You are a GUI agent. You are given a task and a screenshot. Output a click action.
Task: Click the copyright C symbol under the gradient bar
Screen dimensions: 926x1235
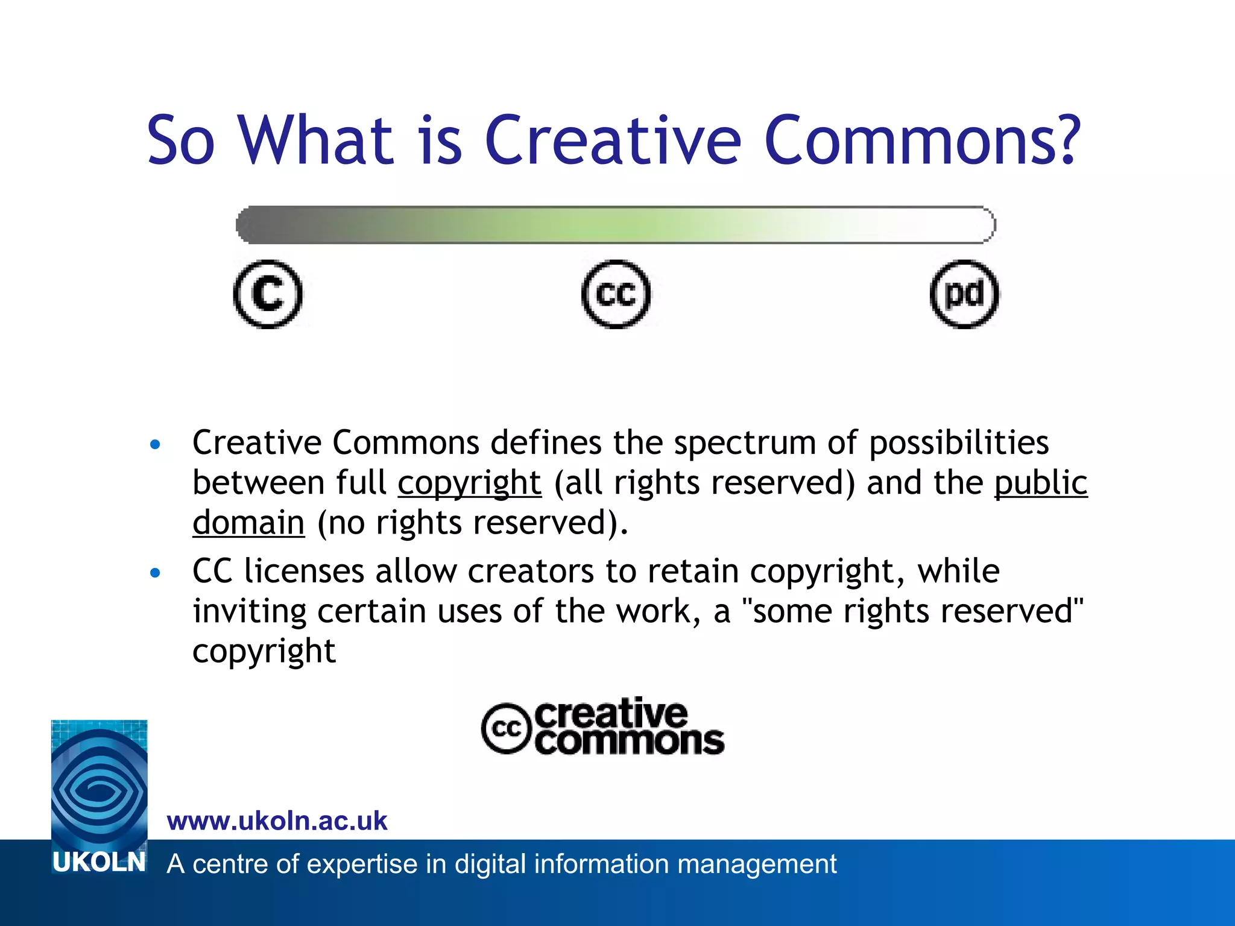pos(268,294)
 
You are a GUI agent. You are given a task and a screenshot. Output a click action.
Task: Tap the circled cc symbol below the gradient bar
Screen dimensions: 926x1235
pos(616,294)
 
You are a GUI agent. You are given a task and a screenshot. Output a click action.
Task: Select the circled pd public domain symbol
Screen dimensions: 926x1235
pos(964,294)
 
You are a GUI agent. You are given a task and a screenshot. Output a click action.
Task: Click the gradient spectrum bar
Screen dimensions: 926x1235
pos(615,225)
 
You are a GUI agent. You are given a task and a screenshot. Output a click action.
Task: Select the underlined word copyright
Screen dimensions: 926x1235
pos(469,483)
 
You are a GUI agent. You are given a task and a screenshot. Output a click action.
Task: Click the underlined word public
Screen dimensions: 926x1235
pos(1041,482)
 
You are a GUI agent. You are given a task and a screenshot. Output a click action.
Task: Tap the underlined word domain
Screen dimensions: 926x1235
pos(248,522)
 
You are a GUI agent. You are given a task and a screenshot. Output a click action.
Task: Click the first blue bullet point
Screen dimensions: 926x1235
pos(156,445)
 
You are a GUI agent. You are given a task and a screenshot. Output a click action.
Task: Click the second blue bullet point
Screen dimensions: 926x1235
pos(156,573)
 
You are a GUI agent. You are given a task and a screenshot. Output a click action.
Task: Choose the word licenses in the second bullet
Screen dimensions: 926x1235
pos(304,571)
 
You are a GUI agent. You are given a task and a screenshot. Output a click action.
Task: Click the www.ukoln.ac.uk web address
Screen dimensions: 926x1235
pos(277,821)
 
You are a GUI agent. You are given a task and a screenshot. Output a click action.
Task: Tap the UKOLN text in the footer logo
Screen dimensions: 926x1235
pos(99,863)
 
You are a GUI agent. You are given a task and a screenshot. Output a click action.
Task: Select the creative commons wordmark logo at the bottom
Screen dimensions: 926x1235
pos(603,727)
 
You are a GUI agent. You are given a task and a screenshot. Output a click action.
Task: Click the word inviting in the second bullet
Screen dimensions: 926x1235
pos(250,612)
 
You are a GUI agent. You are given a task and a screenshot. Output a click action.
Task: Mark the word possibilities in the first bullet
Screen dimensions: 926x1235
pos(959,444)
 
